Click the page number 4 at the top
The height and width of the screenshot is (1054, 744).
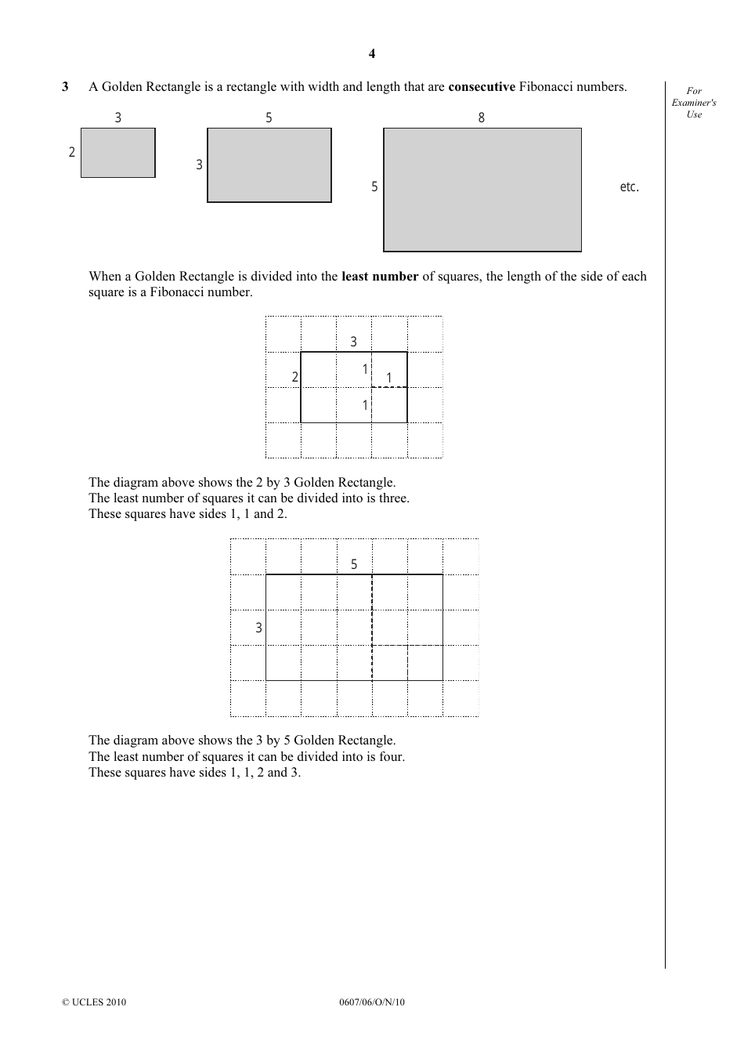372,53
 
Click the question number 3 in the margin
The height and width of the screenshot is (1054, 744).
65,87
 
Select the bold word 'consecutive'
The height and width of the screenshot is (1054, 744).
481,87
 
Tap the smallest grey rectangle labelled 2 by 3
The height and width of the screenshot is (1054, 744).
118,153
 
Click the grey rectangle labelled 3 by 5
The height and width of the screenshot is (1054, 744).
269,165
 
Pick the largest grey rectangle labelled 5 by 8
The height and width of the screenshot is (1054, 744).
482,190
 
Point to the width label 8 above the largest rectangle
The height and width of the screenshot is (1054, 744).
482,118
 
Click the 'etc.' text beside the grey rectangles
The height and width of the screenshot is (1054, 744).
629,187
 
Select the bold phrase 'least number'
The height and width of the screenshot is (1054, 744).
380,277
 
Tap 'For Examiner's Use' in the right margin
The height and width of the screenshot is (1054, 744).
694,103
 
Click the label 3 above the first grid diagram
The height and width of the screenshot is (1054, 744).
353,342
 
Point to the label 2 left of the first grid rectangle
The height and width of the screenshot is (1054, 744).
295,377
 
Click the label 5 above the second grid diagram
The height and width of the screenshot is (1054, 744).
354,564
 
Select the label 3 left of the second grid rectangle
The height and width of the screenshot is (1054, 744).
258,628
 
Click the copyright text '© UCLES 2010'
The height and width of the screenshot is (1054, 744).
94,1002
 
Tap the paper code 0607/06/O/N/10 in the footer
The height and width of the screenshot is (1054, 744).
372,1002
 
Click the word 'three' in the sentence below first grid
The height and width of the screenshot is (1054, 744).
393,498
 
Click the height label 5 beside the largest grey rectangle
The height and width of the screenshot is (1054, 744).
374,187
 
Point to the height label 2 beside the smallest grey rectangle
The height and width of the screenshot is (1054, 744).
72,152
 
